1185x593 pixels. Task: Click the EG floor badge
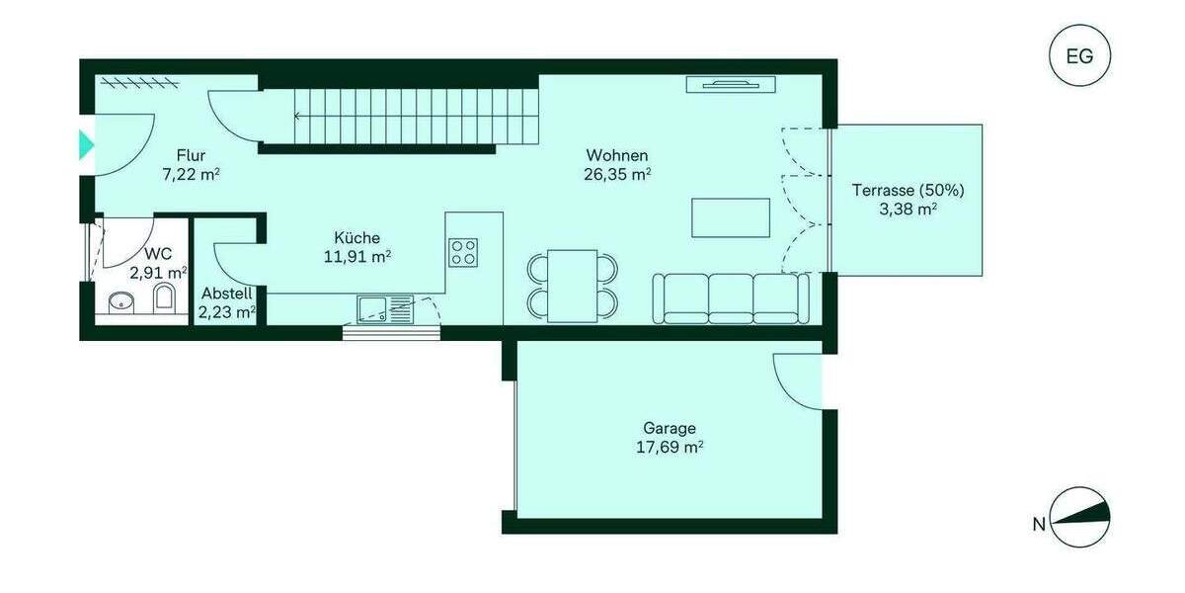(1079, 55)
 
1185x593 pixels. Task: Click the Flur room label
(191, 155)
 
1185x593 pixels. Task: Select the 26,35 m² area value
(617, 175)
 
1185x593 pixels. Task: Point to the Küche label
(356, 238)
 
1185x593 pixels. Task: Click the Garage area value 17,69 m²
(670, 447)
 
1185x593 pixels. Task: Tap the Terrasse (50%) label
(908, 190)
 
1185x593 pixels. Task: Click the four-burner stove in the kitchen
(463, 252)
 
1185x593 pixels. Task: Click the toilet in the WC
(165, 298)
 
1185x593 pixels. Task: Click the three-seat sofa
(731, 297)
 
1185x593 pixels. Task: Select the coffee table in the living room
(731, 217)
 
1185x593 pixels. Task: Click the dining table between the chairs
(573, 285)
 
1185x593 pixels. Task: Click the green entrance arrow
(86, 145)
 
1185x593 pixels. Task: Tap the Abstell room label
(226, 294)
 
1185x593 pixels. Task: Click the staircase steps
(395, 117)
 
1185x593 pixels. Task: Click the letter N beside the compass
(1038, 525)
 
